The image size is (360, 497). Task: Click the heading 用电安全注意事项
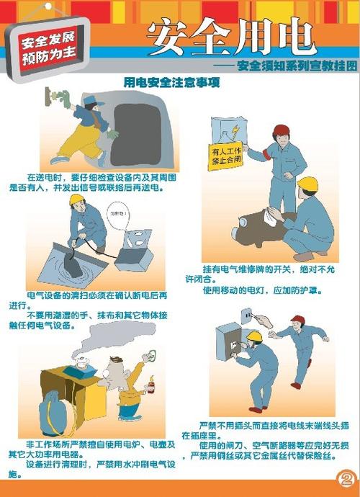(x=171, y=84)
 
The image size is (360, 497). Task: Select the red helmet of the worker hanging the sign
(x=281, y=132)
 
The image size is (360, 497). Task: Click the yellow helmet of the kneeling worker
(x=307, y=184)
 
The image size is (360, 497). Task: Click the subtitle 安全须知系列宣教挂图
(x=296, y=66)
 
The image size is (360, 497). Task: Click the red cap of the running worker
(x=297, y=319)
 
